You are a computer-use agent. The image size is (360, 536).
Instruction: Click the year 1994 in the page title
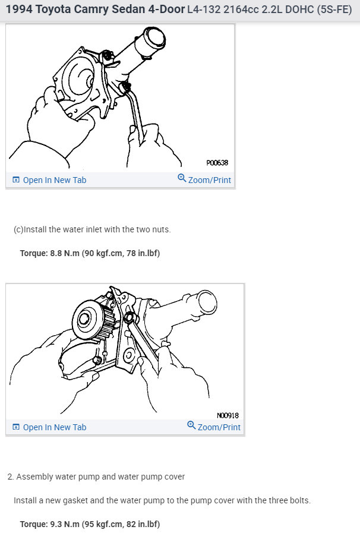pyautogui.click(x=19, y=9)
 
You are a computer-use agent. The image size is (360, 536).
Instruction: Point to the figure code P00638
pyautogui.click(x=217, y=163)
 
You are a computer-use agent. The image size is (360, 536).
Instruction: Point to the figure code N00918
pyautogui.click(x=228, y=415)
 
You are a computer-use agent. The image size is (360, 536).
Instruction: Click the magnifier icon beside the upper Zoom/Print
pyautogui.click(x=182, y=178)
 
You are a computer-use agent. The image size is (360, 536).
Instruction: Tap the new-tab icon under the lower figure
pyautogui.click(x=15, y=427)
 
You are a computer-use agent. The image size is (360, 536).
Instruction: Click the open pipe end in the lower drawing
pyautogui.click(x=206, y=302)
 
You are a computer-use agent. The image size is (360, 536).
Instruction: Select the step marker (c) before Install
pyautogui.click(x=18, y=229)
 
